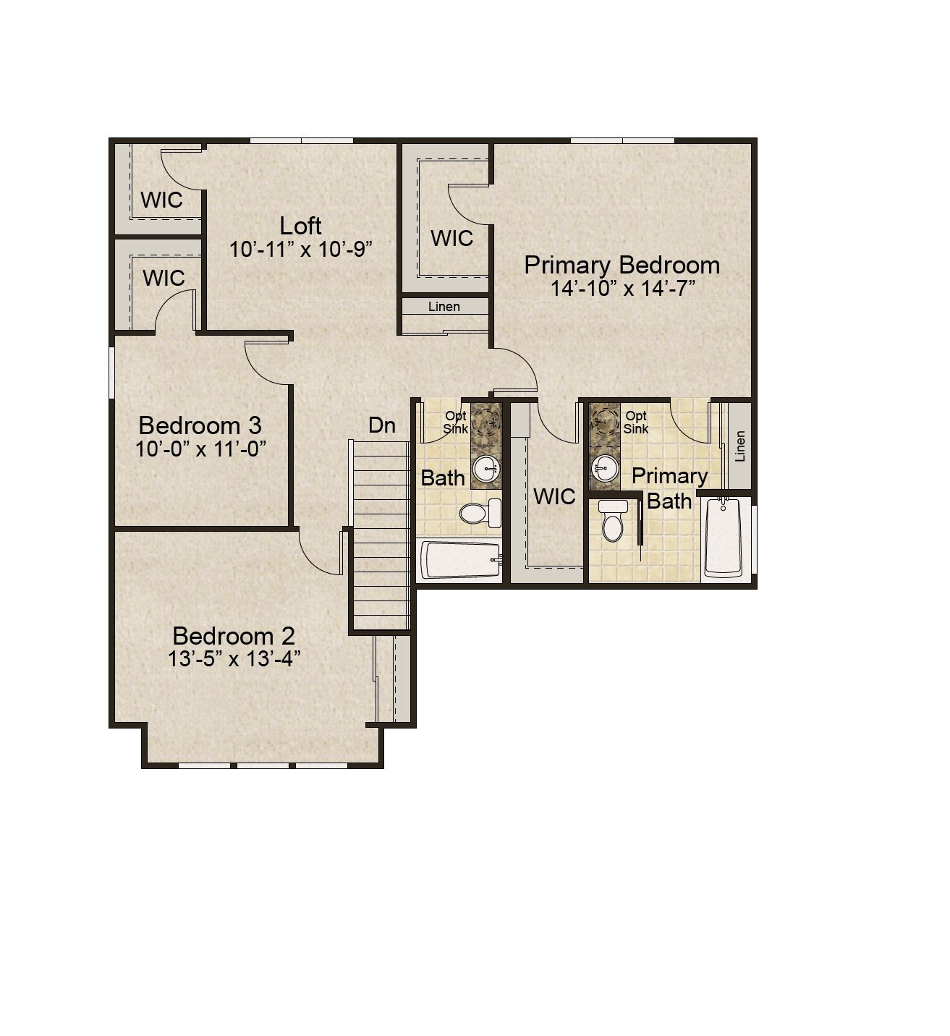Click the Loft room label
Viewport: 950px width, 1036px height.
pos(300,226)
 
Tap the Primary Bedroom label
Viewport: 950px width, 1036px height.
pos(622,266)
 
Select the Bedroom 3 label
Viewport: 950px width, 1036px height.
pos(200,425)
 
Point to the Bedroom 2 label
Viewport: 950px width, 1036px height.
pos(234,636)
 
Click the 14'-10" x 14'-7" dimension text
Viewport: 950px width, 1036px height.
pos(622,288)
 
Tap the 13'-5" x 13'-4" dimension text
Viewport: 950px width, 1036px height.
pos(234,658)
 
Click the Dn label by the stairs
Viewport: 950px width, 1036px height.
pos(382,425)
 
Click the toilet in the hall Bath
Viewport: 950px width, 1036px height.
pos(480,513)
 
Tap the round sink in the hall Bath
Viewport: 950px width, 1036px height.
pos(486,468)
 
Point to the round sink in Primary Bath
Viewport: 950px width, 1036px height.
pos(604,468)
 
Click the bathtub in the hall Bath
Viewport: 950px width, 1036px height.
pos(462,559)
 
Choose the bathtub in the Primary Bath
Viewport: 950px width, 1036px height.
pos(723,537)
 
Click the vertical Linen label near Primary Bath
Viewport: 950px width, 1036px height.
pos(739,446)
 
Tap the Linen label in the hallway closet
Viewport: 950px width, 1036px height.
pos(444,307)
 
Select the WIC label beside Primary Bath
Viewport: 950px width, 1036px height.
pos(554,497)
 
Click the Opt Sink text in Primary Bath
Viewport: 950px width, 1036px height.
pos(636,422)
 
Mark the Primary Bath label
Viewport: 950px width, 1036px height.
pos(669,488)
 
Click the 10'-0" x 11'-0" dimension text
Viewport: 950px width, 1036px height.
pos(200,449)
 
